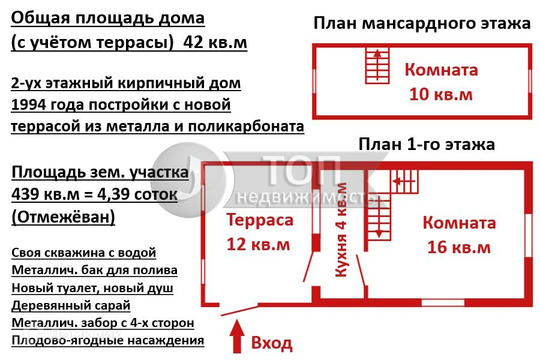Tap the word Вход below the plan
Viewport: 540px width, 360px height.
272,343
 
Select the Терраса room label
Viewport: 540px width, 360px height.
260,220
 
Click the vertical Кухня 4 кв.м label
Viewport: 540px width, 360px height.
341,230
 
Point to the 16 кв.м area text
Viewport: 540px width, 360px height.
459,247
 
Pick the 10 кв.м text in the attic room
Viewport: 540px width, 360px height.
441,94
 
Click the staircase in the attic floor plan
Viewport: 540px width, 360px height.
377,66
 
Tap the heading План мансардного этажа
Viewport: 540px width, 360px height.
422,23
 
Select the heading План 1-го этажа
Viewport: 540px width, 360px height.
426,144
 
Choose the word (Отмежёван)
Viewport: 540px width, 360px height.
63,217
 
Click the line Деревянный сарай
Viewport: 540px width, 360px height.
71,305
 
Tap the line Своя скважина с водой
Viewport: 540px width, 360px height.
83,253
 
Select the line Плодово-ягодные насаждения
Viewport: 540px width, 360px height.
107,340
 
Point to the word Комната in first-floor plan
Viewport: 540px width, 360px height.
460,223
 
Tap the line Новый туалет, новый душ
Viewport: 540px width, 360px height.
92,288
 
